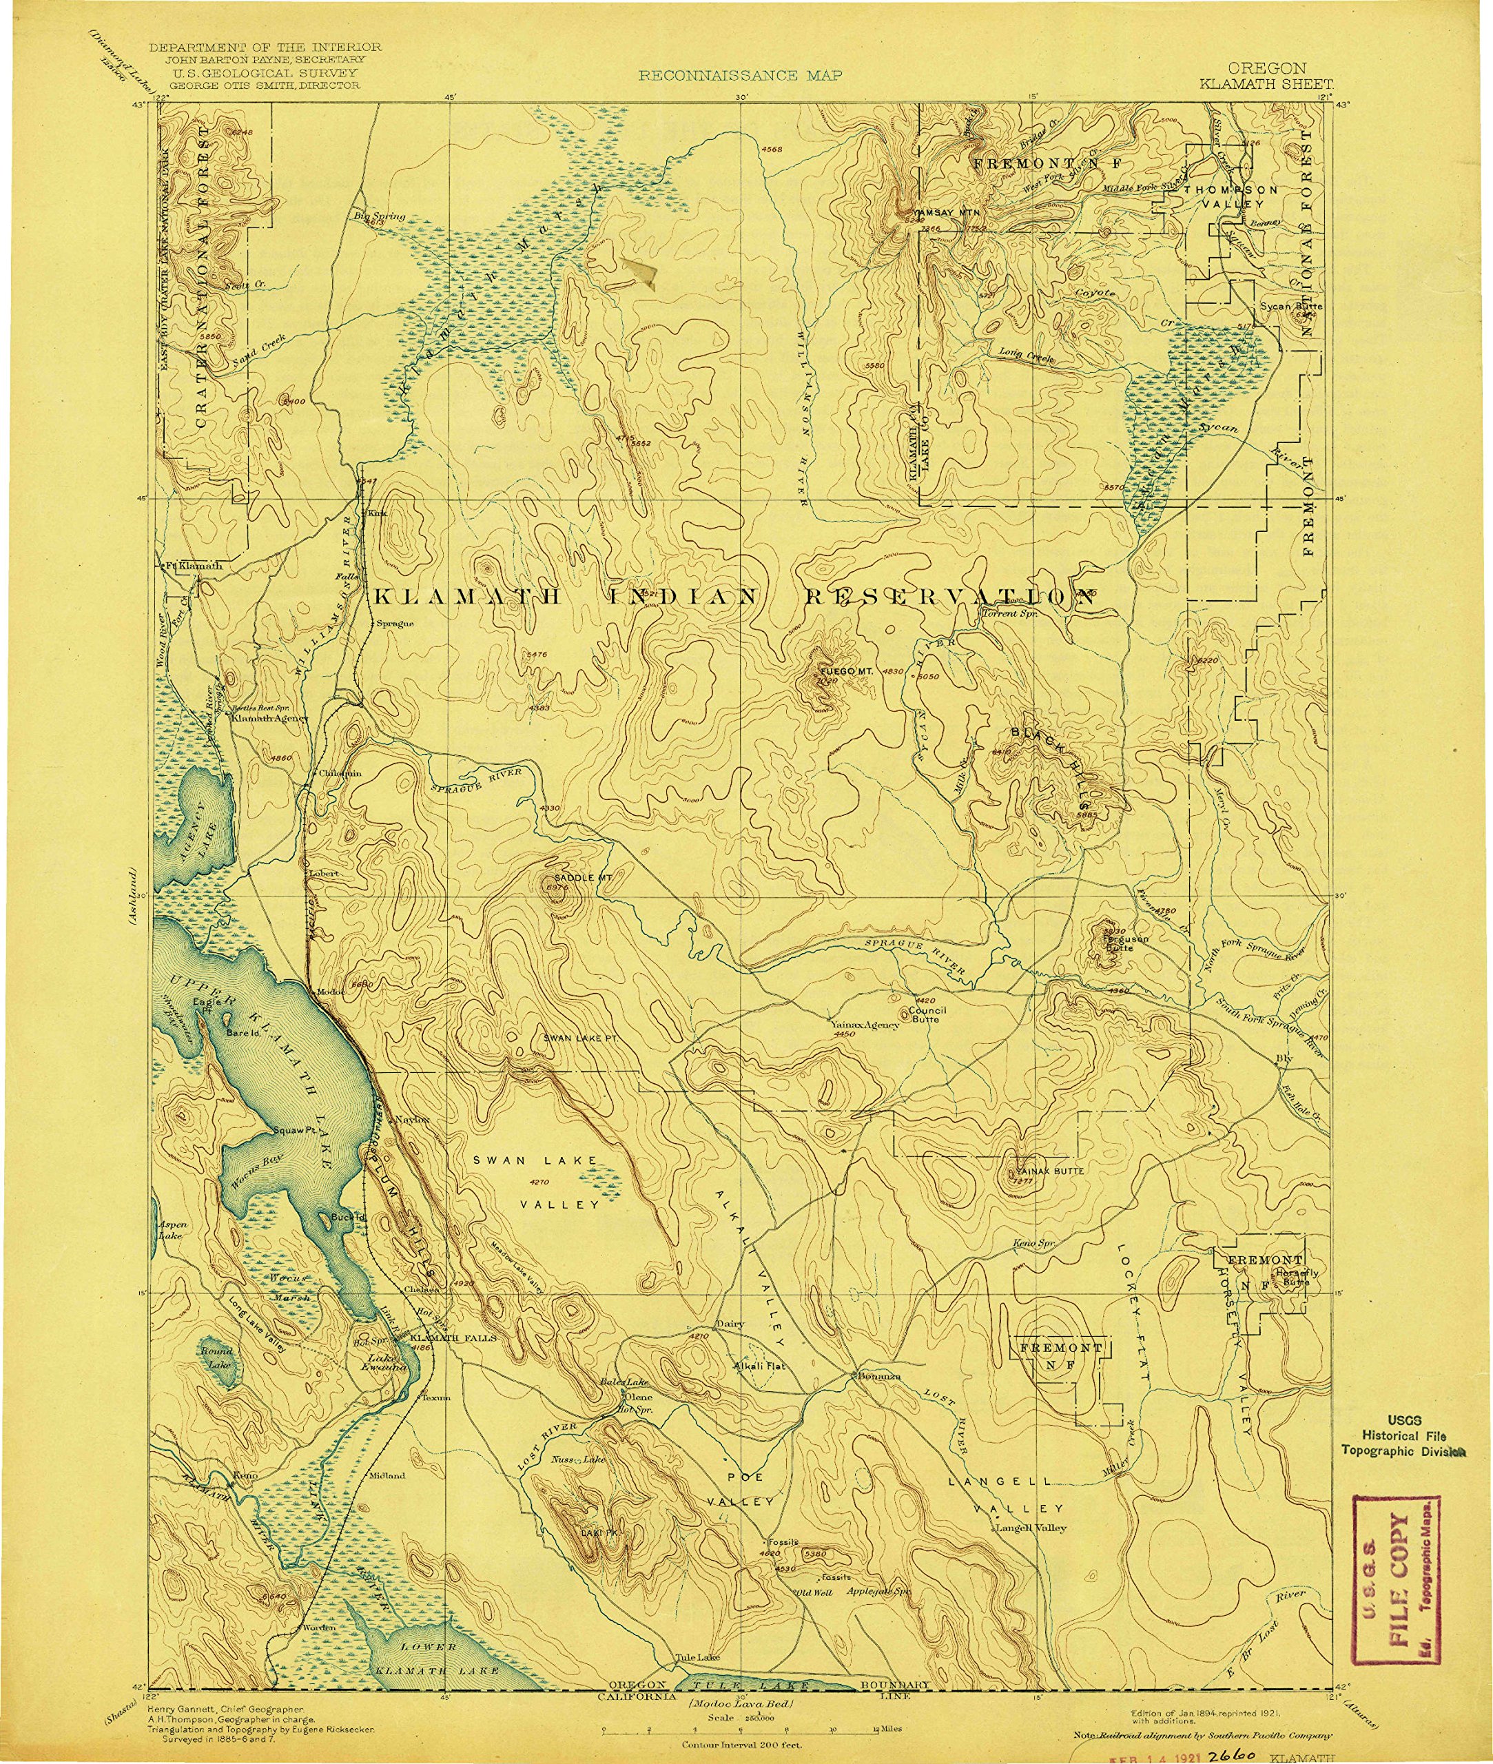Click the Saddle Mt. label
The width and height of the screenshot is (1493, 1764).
click(582, 878)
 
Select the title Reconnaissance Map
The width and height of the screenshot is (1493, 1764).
click(740, 75)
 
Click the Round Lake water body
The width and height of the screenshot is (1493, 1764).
click(214, 1361)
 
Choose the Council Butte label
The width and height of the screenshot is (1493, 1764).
click(927, 1014)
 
